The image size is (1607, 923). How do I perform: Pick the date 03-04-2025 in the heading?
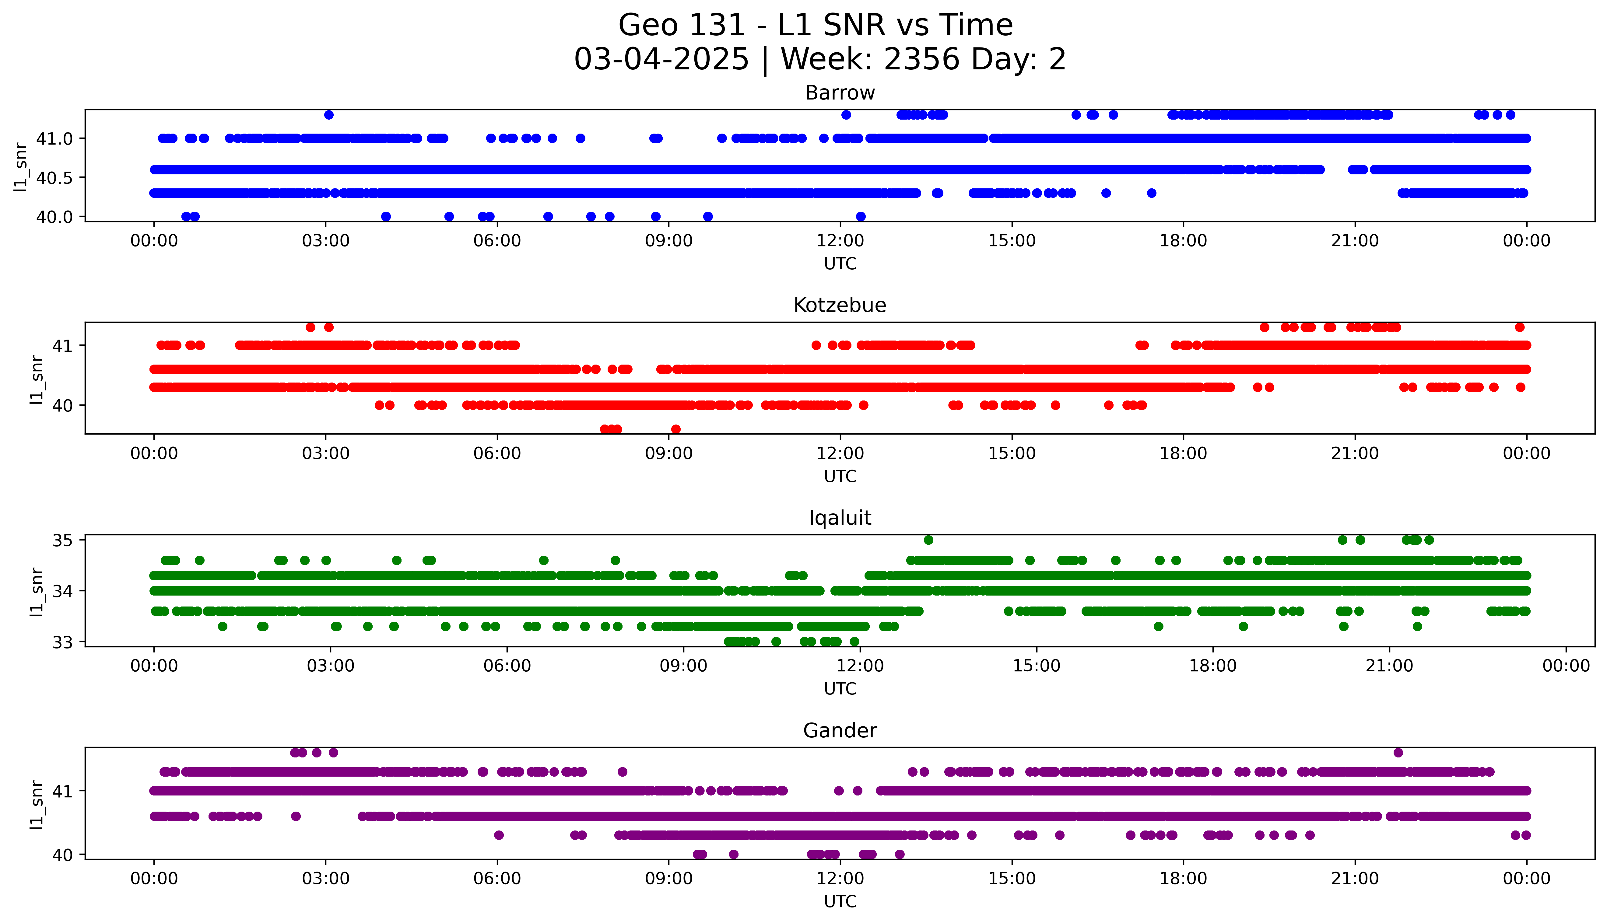(x=661, y=60)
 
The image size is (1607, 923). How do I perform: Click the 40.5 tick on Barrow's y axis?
(x=54, y=177)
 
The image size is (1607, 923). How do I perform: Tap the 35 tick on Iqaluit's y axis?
(x=63, y=540)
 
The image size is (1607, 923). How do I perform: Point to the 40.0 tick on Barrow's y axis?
(x=54, y=217)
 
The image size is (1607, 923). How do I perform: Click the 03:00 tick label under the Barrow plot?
(x=326, y=241)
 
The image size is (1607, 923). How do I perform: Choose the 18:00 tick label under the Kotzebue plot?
(x=1183, y=453)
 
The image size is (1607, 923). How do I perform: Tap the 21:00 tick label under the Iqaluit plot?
(x=1389, y=666)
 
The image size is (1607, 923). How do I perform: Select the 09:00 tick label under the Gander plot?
(x=669, y=879)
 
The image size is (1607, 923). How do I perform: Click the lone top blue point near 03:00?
(x=328, y=115)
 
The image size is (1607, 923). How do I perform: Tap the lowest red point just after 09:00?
(x=676, y=429)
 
